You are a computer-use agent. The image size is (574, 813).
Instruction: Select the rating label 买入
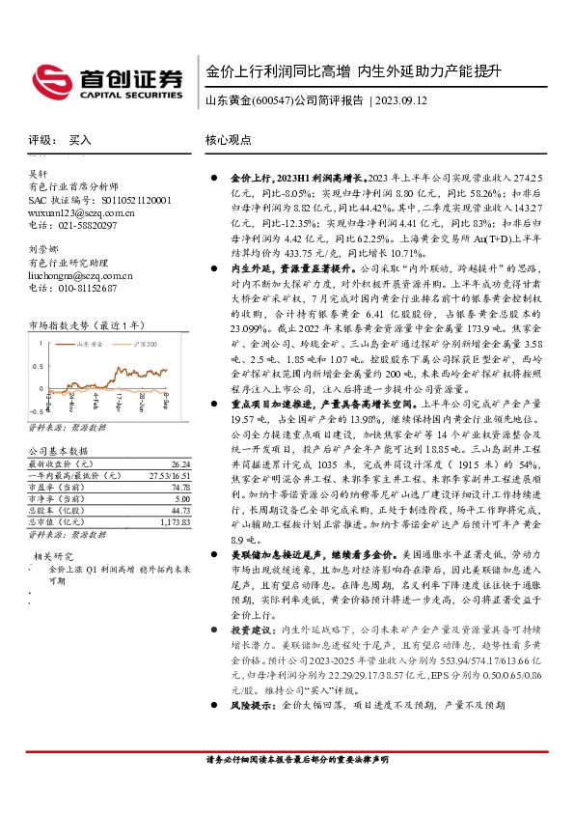[x=80, y=140]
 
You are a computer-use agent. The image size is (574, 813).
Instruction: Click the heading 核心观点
[x=228, y=140]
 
